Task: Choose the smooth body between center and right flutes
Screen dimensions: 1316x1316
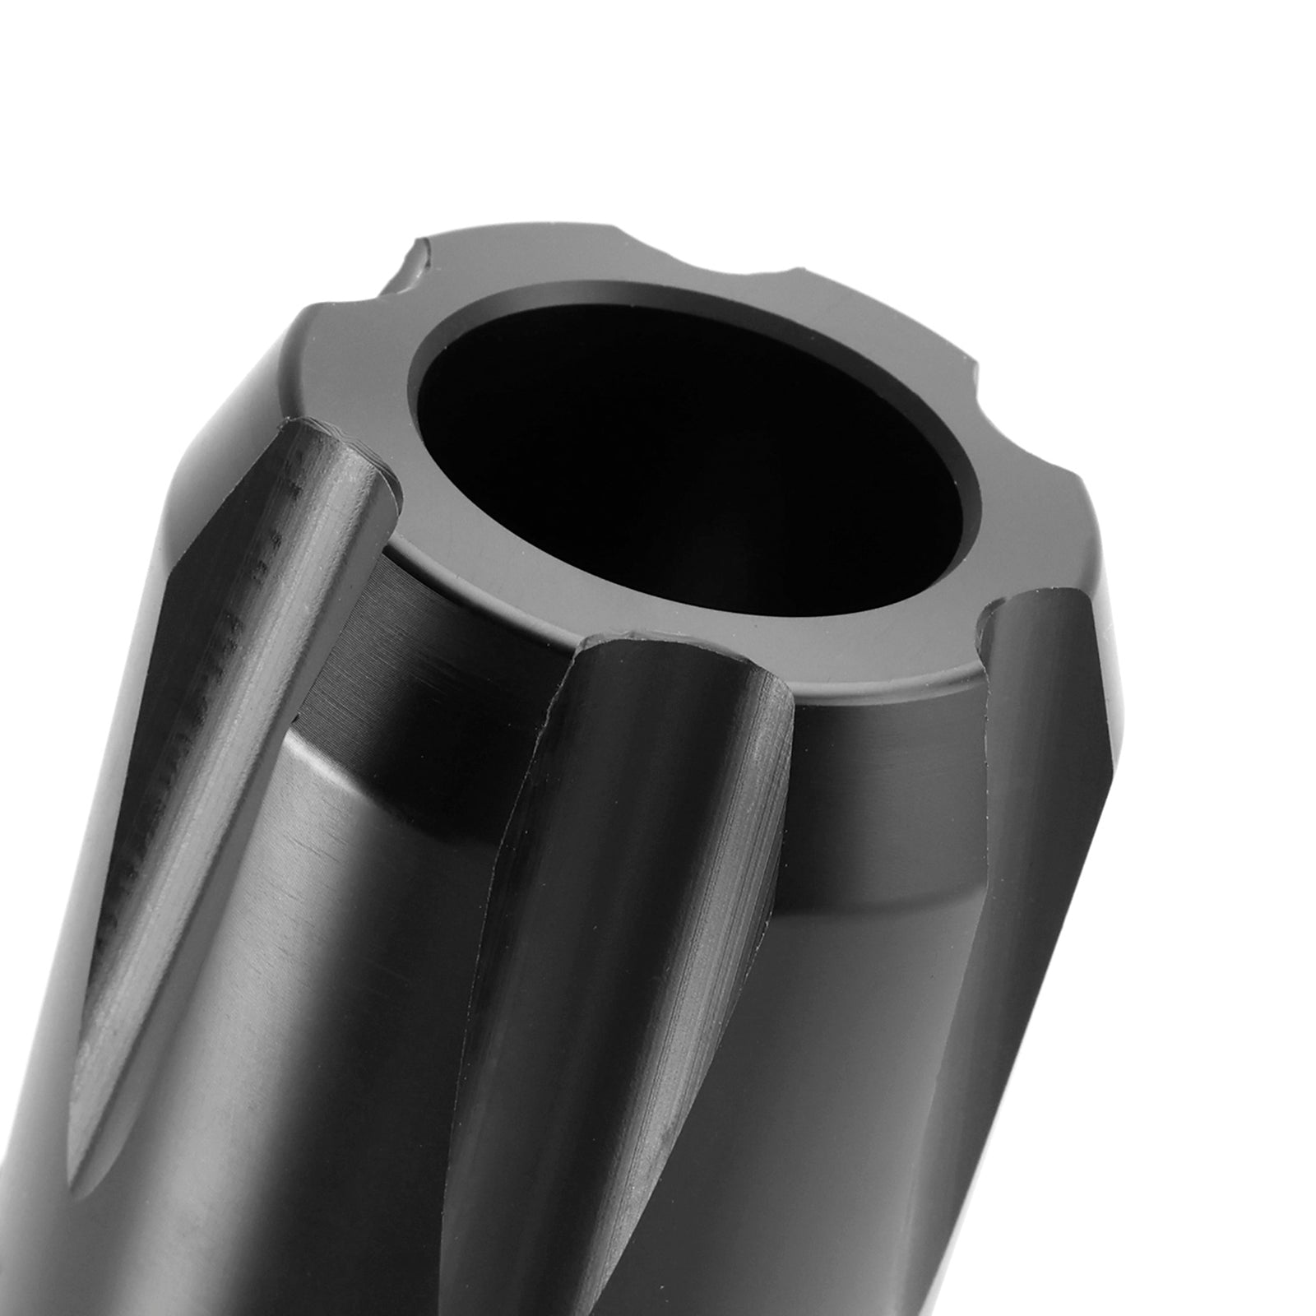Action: (x=872, y=987)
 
